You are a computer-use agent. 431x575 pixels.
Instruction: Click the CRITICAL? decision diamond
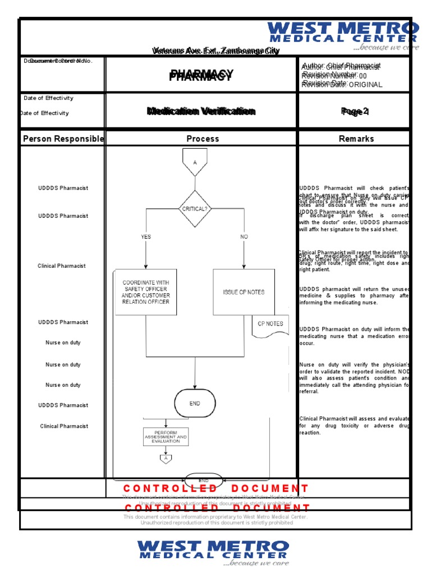click(x=195, y=208)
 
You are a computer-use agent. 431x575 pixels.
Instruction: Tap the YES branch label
click(x=146, y=237)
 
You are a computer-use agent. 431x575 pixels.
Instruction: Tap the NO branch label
click(x=244, y=237)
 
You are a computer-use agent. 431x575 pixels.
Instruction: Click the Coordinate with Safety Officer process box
click(x=146, y=292)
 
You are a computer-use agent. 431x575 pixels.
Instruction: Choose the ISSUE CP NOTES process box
click(x=244, y=292)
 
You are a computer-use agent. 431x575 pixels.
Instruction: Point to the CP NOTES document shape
click(x=270, y=326)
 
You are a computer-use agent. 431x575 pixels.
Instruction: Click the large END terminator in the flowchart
click(x=195, y=404)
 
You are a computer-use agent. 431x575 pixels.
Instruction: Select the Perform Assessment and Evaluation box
click(x=166, y=437)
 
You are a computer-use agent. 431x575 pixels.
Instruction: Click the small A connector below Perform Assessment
click(x=166, y=459)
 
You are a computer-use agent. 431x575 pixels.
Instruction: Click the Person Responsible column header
click(x=63, y=139)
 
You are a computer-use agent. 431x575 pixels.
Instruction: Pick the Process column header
click(x=203, y=139)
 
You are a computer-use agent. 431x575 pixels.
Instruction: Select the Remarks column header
click(x=356, y=139)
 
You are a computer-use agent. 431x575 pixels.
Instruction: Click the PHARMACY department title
click(x=201, y=76)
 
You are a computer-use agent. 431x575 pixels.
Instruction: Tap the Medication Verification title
click(x=201, y=111)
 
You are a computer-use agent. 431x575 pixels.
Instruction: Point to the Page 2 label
click(x=355, y=112)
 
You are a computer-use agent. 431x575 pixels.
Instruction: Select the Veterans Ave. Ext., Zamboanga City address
click(x=215, y=51)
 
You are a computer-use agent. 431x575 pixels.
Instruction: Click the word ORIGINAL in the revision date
click(x=365, y=85)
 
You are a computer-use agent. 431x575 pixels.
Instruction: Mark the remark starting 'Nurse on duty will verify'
click(x=355, y=375)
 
